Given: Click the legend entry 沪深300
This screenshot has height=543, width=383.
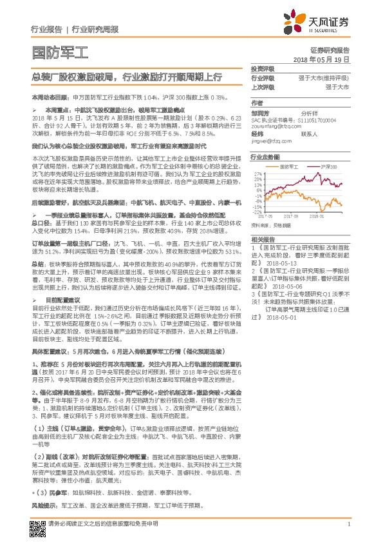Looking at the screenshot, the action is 328,166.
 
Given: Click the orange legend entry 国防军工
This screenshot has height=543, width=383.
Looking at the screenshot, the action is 294,166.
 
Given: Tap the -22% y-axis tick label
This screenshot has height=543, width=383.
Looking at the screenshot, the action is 257,212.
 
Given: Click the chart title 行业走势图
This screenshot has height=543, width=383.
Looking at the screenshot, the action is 265,157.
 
